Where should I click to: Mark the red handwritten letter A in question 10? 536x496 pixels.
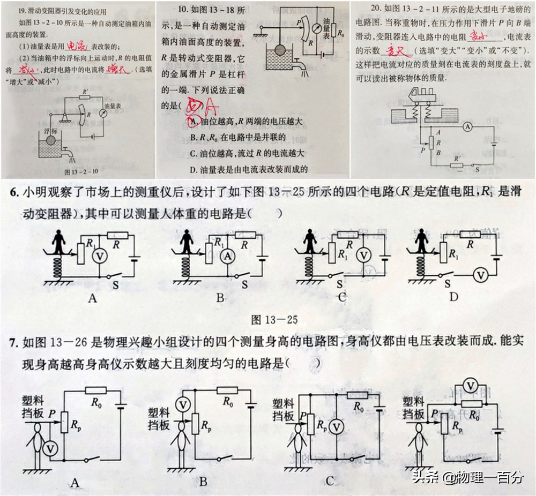[x=212, y=109]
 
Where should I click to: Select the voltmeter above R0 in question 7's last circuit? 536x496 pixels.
[x=470, y=386]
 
